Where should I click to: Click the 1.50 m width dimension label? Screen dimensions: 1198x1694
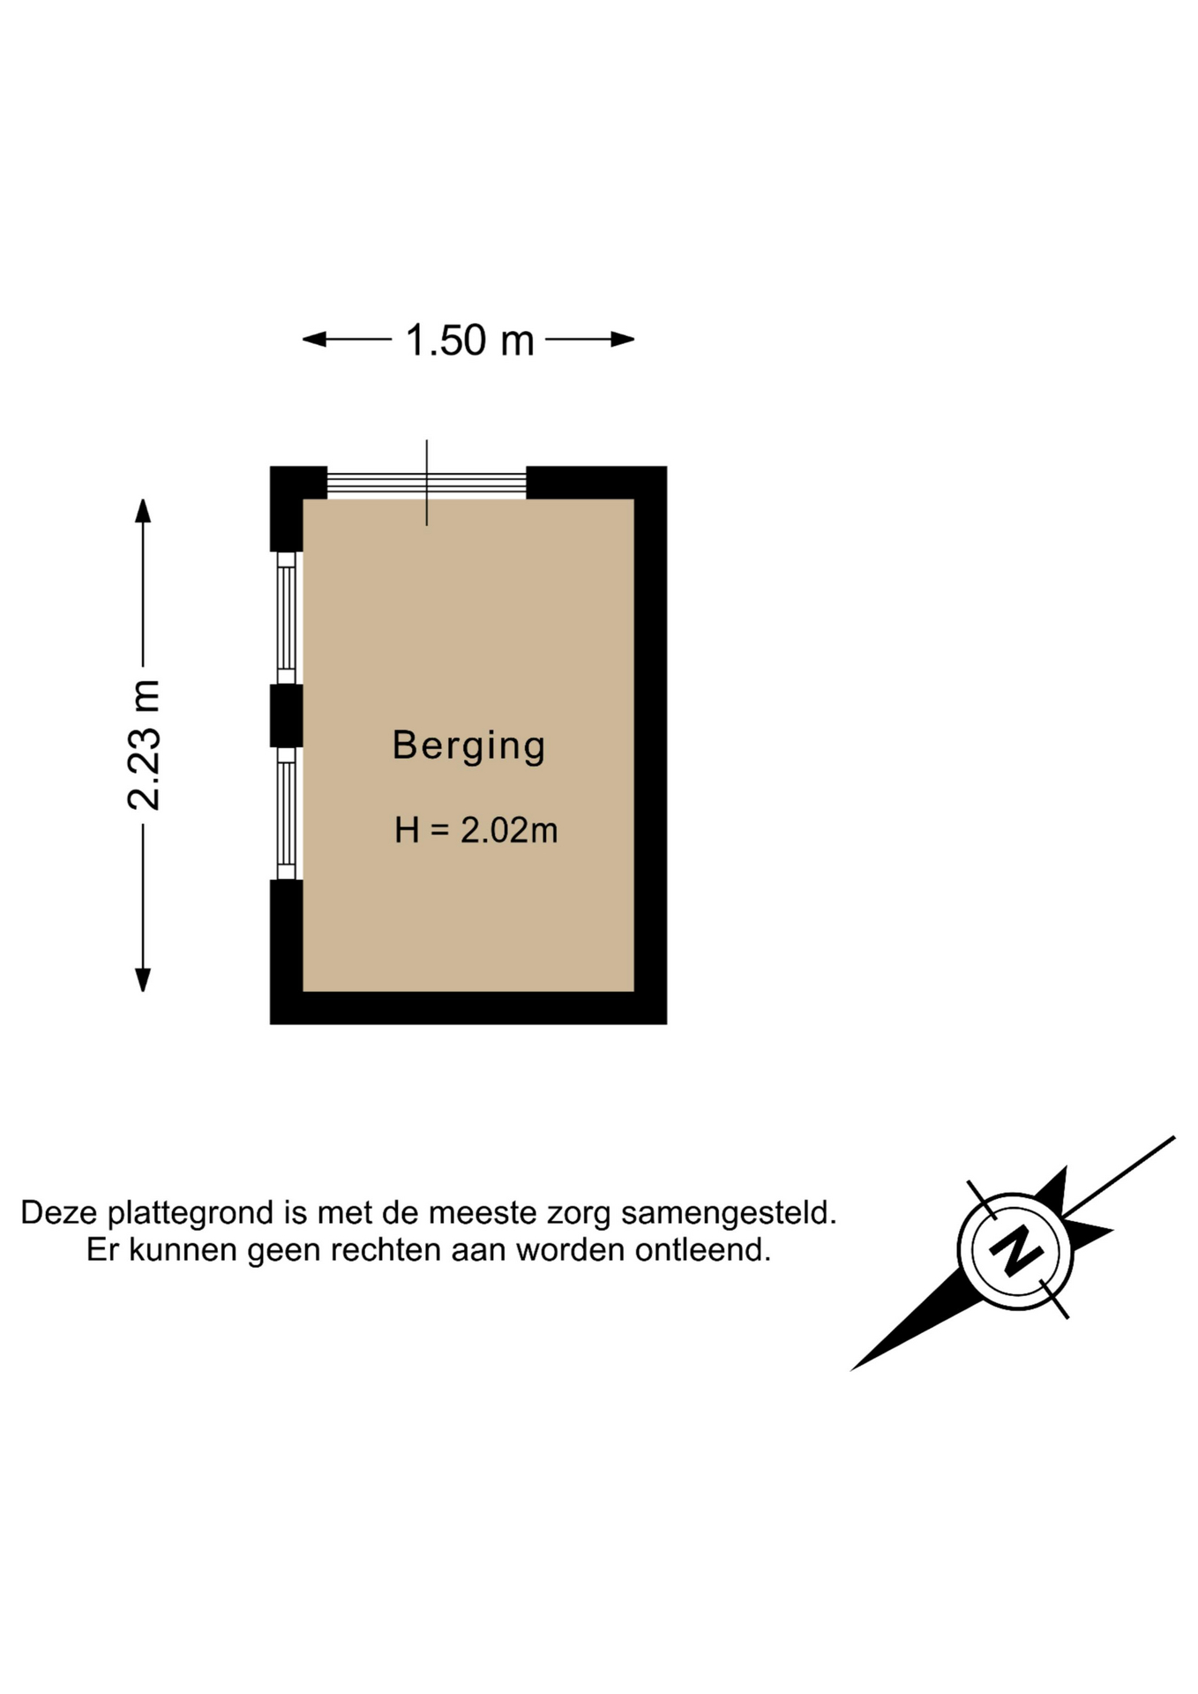click(469, 341)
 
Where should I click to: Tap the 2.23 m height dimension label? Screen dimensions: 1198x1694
click(144, 746)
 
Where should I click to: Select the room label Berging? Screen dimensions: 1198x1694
click(468, 746)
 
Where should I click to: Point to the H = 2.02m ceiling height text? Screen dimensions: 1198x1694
click(475, 830)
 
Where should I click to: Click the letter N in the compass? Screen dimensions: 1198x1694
click(1016, 1250)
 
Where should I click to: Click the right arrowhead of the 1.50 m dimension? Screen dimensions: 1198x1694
click(623, 339)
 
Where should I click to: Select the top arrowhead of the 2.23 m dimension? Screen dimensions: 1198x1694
click(143, 511)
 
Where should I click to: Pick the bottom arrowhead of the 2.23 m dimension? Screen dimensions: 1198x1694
click(143, 979)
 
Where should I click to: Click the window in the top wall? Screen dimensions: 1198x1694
click(427, 483)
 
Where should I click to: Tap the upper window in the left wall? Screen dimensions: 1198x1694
click(286, 618)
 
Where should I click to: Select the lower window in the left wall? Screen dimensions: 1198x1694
click(286, 813)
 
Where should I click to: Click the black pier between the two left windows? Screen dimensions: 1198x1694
click(286, 716)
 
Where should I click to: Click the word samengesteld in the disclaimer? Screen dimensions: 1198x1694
click(729, 1213)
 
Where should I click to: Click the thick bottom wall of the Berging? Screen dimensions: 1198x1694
click(468, 1008)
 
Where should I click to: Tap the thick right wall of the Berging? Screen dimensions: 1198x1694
click(651, 746)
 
